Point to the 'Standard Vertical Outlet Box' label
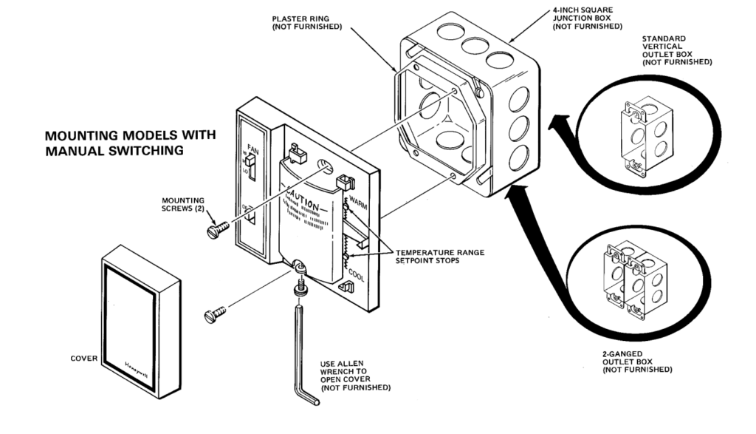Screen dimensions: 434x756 676,50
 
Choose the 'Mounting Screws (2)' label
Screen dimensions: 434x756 179,204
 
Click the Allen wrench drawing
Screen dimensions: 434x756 303,355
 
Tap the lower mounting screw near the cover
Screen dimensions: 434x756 211,316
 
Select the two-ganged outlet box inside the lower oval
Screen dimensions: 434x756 634,277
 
